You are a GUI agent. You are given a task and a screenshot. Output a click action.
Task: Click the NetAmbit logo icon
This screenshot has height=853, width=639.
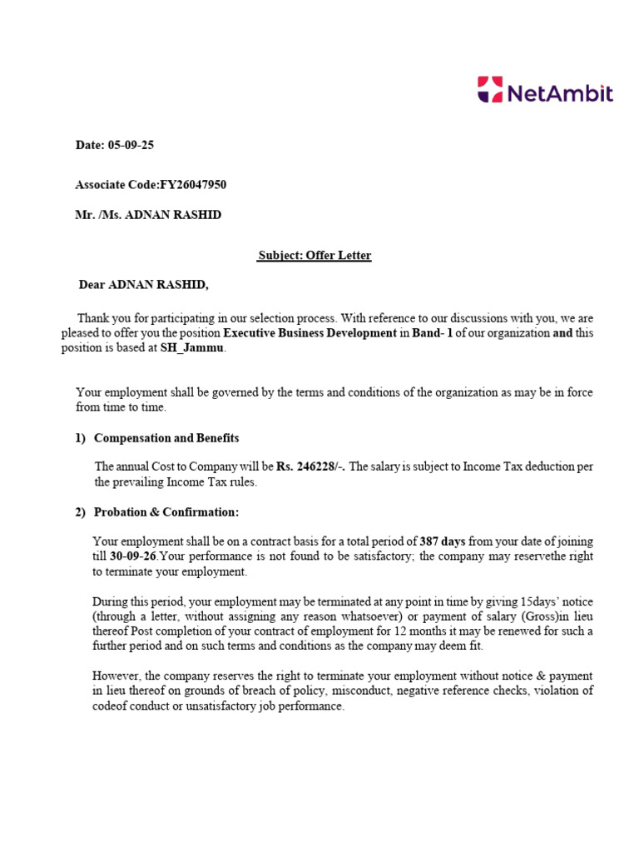pyautogui.click(x=489, y=89)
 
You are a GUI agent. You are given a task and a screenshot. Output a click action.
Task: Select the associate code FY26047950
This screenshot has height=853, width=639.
pyautogui.click(x=187, y=184)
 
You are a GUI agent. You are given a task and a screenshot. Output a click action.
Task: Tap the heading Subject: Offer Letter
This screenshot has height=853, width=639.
pyautogui.click(x=315, y=255)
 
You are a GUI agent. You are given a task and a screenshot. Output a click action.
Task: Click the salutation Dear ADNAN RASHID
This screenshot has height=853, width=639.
pyautogui.click(x=143, y=286)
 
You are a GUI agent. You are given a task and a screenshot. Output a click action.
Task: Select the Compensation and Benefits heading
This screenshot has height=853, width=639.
pyautogui.click(x=166, y=438)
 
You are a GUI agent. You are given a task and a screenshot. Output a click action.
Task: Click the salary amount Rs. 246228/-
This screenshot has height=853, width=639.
pyautogui.click(x=311, y=466)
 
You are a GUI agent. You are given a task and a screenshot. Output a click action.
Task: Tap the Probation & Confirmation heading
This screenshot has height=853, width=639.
pyautogui.click(x=166, y=511)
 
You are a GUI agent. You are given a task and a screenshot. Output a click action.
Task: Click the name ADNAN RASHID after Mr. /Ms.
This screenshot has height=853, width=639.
pyautogui.click(x=173, y=215)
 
